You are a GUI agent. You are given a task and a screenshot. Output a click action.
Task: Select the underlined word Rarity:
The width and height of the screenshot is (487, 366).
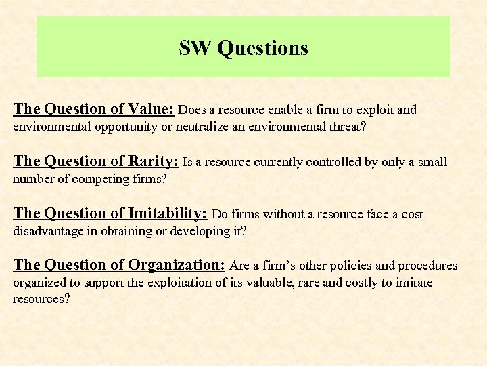click(154, 161)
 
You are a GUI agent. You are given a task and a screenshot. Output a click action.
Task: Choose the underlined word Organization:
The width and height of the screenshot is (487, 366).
click(177, 265)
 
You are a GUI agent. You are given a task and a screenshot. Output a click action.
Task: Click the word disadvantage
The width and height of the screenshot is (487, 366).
click(47, 230)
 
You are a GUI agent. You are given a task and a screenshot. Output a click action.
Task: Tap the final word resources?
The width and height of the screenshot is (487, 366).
click(41, 298)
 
